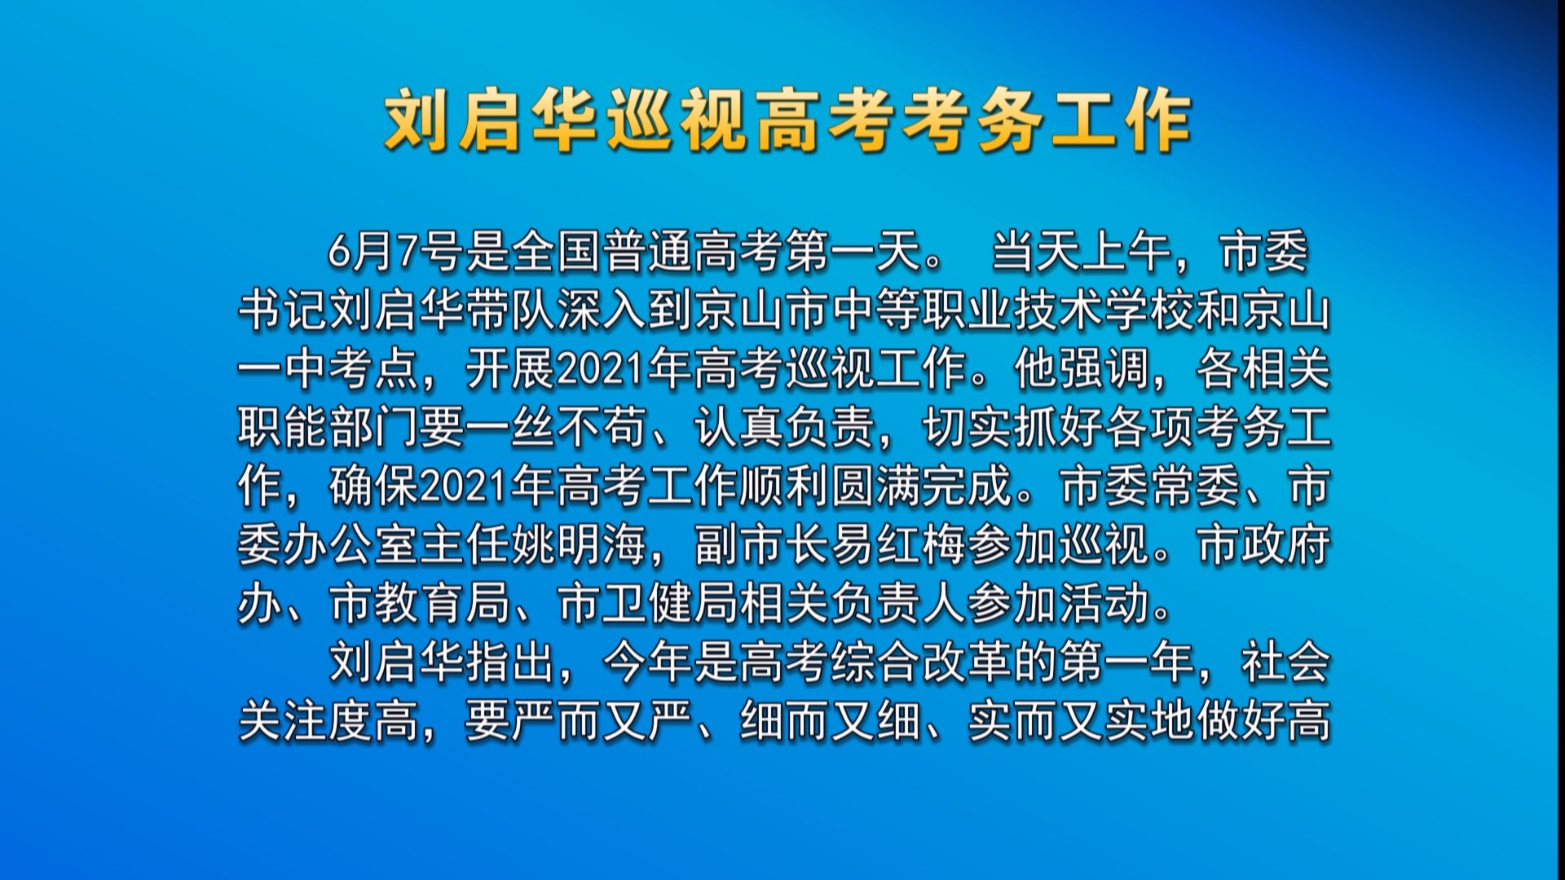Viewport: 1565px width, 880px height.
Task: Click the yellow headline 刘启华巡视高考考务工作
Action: (787, 122)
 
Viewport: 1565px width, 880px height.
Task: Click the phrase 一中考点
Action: (328, 369)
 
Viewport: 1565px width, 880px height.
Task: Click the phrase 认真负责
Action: (784, 428)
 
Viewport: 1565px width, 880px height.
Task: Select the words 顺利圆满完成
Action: (875, 486)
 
